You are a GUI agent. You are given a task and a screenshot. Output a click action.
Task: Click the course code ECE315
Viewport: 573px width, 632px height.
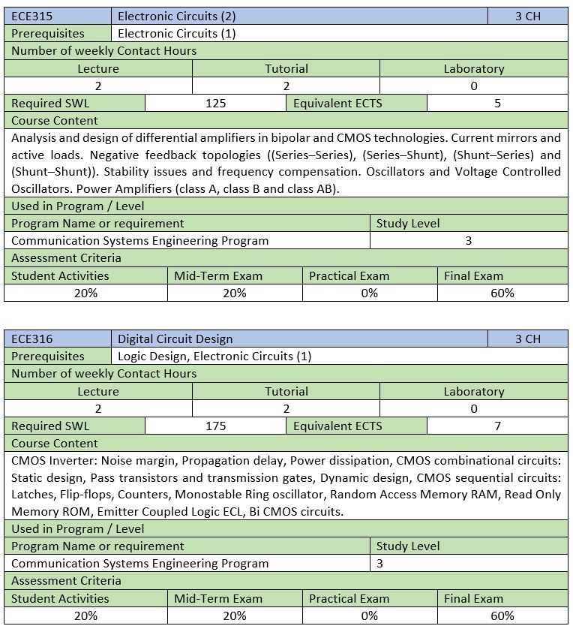[31, 16]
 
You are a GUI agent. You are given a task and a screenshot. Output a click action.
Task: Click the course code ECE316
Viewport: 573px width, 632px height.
[31, 339]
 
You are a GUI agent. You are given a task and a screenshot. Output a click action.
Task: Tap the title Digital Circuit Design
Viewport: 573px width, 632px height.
[175, 339]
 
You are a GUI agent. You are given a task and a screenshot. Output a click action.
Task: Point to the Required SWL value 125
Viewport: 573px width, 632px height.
[215, 104]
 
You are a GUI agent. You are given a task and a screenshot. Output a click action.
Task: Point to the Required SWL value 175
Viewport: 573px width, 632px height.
[215, 426]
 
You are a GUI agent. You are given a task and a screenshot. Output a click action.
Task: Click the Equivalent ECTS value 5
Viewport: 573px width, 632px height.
[497, 104]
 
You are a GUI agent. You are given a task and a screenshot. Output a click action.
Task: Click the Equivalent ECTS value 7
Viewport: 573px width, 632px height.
[497, 426]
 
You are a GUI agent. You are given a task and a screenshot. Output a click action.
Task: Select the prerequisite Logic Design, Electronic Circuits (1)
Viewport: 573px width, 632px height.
[214, 356]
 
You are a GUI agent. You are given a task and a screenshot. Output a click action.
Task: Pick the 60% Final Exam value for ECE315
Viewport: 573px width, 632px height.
[502, 293]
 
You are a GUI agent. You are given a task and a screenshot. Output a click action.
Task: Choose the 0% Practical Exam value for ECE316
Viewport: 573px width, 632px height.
[370, 615]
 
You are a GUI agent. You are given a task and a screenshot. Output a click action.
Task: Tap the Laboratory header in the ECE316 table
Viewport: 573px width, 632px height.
[474, 391]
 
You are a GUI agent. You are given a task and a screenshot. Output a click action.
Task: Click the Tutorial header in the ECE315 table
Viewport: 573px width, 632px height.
[286, 68]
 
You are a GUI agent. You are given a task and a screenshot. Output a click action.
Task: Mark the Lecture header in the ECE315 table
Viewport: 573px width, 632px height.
[98, 68]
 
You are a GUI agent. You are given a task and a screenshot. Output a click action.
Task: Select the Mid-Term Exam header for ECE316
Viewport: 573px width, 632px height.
[218, 598]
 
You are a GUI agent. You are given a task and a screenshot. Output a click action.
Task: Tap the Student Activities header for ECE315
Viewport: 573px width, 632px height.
[60, 275]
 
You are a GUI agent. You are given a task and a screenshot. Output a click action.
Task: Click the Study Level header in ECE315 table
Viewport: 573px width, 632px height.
[408, 223]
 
